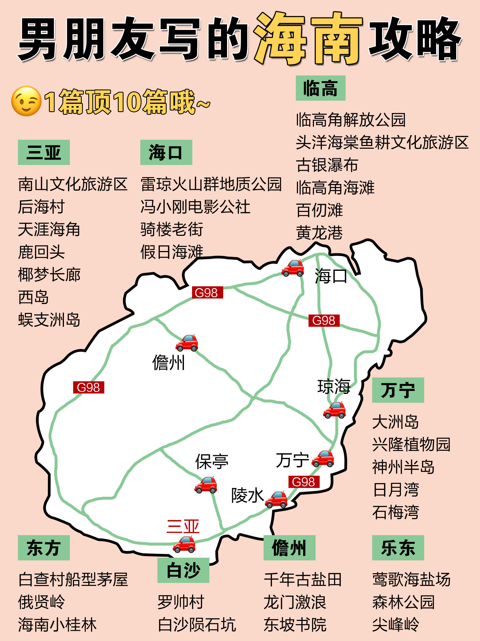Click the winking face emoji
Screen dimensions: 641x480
click(x=26, y=101)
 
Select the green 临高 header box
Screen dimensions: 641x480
click(x=320, y=88)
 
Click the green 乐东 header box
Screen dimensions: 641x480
click(x=398, y=548)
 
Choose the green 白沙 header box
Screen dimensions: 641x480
click(x=183, y=570)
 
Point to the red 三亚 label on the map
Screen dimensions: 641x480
click(x=183, y=526)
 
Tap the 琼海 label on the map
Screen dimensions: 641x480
click(x=334, y=386)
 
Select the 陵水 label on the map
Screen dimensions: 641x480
click(x=247, y=495)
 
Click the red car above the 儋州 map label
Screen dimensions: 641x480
click(x=187, y=343)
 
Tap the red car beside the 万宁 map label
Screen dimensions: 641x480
click(x=323, y=458)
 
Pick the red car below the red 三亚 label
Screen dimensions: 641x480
click(x=184, y=544)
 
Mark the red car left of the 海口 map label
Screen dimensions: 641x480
click(x=293, y=268)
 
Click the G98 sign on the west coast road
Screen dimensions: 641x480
click(x=89, y=387)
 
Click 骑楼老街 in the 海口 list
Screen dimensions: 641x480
click(x=172, y=229)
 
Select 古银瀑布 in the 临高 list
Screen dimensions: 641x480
click(x=327, y=165)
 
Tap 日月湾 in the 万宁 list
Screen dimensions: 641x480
click(x=395, y=490)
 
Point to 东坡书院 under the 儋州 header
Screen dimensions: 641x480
click(x=295, y=625)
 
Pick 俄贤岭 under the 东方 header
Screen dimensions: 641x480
click(x=41, y=602)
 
